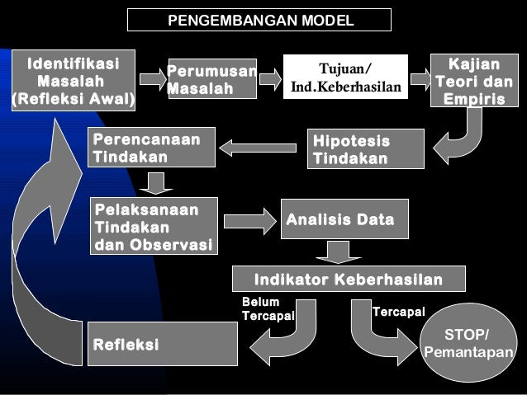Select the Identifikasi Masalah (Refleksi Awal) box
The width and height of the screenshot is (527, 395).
coord(72,82)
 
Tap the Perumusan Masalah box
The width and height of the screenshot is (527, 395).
coord(211,79)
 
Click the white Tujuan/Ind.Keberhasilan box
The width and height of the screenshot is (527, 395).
coord(345,77)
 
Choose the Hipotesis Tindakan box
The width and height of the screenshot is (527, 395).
coord(366,148)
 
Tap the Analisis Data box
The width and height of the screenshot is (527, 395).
coord(344,219)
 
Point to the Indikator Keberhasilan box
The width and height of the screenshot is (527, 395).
coord(348,279)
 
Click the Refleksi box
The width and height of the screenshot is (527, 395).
coord(162,343)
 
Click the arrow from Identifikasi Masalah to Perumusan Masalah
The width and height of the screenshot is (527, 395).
coord(153,79)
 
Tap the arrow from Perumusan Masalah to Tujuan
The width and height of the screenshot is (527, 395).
coord(270,79)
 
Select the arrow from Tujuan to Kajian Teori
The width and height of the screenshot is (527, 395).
coord(420,79)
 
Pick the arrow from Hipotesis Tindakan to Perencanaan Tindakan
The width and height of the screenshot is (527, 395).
coord(258,148)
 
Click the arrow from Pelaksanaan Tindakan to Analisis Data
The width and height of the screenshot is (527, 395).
coord(249,220)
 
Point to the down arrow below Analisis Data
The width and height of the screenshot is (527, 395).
coord(338,252)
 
